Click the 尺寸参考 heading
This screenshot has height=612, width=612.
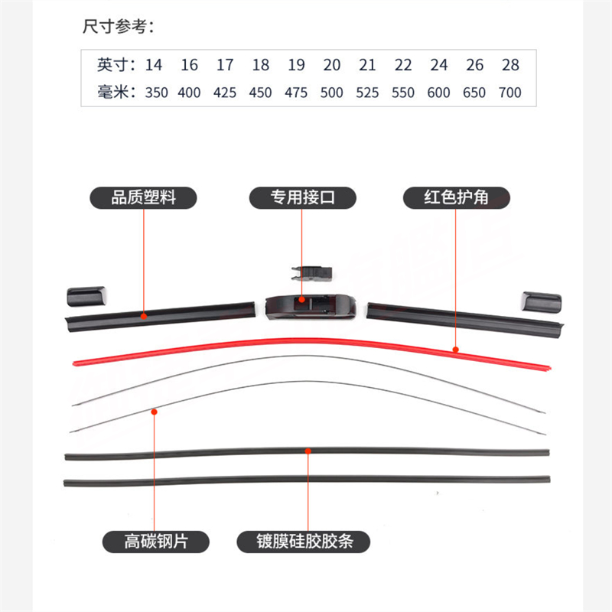[119, 27]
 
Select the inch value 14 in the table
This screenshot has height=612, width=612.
[154, 65]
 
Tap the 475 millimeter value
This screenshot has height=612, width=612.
[296, 93]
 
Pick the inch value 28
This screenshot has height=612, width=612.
[510, 65]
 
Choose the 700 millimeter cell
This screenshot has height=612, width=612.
[509, 93]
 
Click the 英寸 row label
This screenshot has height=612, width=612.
[116, 65]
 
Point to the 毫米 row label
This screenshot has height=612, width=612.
[116, 93]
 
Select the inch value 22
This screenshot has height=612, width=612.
[403, 65]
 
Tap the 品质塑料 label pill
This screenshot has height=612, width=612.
[143, 197]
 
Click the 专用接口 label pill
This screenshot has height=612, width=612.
[302, 197]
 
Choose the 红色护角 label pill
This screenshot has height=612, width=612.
[456, 197]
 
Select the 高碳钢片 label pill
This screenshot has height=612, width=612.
[156, 542]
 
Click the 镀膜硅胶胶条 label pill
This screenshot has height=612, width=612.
[303, 542]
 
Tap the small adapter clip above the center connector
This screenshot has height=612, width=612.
[311, 273]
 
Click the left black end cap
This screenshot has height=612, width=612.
[86, 297]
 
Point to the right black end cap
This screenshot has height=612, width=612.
[542, 301]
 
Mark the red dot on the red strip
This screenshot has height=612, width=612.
[455, 350]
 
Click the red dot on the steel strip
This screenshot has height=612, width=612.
[155, 412]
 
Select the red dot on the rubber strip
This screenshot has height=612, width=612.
[308, 451]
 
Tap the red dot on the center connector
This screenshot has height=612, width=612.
[301, 300]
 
